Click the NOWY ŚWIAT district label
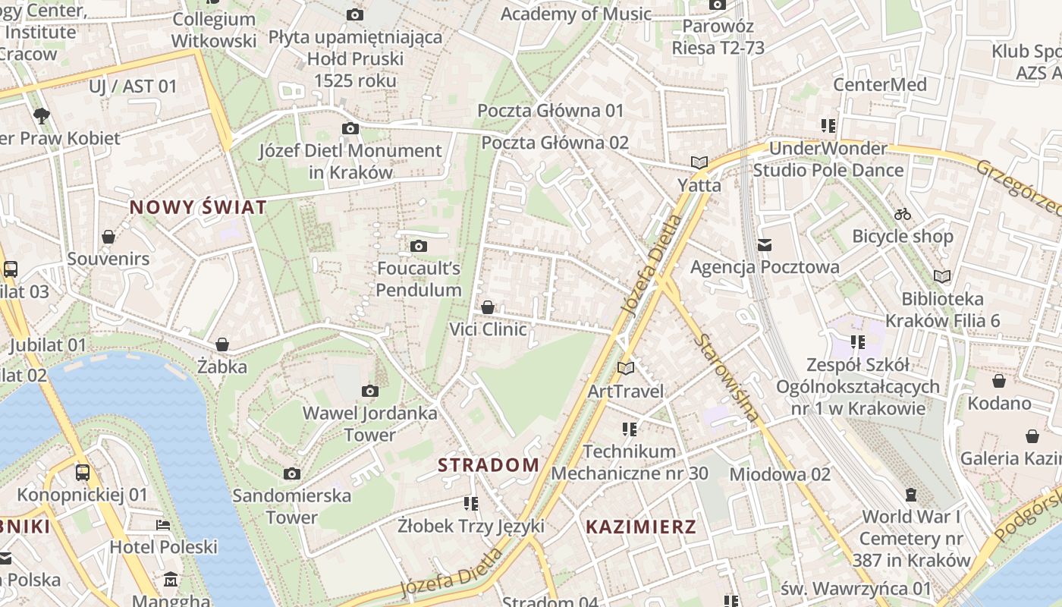pyautogui.click(x=198, y=207)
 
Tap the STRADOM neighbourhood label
pyautogui.click(x=489, y=465)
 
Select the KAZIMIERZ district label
pyautogui.click(x=641, y=527)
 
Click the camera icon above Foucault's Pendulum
pyautogui.click(x=418, y=246)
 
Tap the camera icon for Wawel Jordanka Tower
pyautogui.click(x=370, y=392)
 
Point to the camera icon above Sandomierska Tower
pyautogui.click(x=292, y=474)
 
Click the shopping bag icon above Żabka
pyautogui.click(x=222, y=344)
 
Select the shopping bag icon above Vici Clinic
pyautogui.click(x=488, y=307)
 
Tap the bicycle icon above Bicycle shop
pyautogui.click(x=902, y=214)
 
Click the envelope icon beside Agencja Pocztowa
pyautogui.click(x=765, y=244)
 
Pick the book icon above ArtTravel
pyautogui.click(x=626, y=369)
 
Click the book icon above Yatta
pyautogui.click(x=699, y=162)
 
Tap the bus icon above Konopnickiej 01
pyautogui.click(x=83, y=473)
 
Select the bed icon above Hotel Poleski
pyautogui.click(x=163, y=525)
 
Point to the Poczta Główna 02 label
pyautogui.click(x=555, y=143)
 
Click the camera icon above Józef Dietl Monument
pyautogui.click(x=350, y=128)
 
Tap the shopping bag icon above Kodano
pyautogui.click(x=999, y=381)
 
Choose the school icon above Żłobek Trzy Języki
pyautogui.click(x=471, y=503)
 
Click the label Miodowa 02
pyautogui.click(x=780, y=474)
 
